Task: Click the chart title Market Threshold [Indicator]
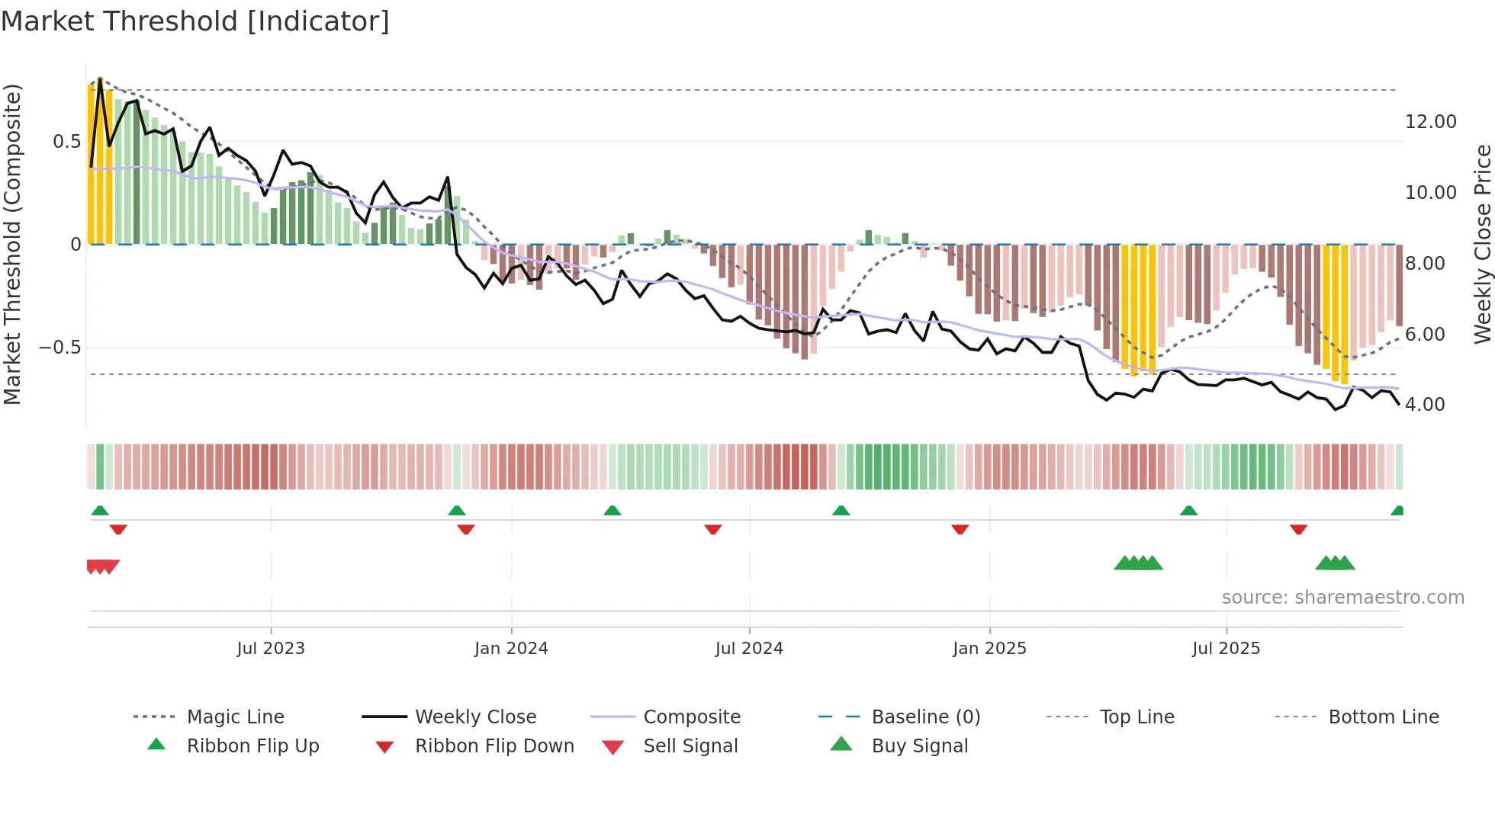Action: coord(195,21)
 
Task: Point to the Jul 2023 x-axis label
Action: coord(271,649)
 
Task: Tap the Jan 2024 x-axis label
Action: coord(511,649)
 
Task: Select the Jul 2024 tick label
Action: coord(749,649)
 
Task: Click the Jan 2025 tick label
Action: coord(989,649)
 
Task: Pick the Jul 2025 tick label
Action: coord(1227,649)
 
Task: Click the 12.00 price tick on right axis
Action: coord(1430,122)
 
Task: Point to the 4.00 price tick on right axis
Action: coord(1425,405)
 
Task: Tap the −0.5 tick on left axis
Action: coord(59,348)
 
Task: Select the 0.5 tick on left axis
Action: coord(66,142)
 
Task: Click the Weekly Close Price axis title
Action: coord(1482,244)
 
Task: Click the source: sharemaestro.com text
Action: coord(1342,598)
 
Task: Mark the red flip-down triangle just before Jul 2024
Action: coord(713,529)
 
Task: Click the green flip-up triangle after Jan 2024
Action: coord(612,511)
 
